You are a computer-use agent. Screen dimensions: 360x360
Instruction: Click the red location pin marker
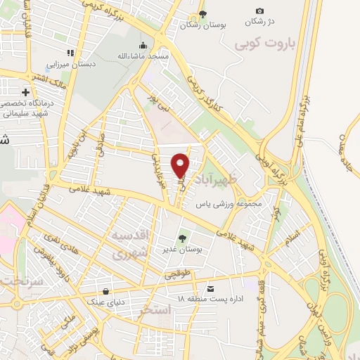181,165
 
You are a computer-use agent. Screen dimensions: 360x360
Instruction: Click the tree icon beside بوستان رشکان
203,13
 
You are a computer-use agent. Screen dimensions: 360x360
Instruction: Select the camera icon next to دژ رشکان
260,11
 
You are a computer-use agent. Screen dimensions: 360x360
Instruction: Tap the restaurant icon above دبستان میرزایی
70,53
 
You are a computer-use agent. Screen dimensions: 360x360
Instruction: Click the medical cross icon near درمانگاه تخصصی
26,92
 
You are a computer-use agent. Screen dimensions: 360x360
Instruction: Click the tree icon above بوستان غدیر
184,239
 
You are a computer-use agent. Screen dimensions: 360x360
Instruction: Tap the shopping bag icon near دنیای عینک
106,291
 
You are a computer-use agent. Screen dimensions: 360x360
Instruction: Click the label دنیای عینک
105,302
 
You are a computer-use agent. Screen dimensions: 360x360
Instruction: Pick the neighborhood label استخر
155,309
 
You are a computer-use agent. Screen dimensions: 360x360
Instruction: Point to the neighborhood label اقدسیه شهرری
131,244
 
